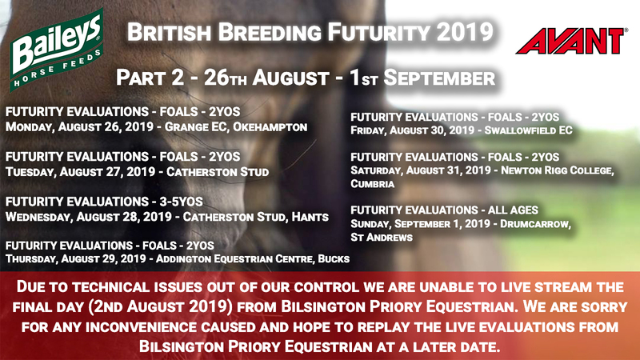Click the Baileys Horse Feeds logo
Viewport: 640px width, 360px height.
57,50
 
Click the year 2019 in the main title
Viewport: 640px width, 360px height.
465,32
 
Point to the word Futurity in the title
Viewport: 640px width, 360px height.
379,32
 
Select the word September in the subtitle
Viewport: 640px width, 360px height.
439,78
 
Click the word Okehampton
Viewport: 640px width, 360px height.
270,127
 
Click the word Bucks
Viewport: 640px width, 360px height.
334,258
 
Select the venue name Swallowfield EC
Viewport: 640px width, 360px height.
528,130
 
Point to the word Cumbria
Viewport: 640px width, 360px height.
372,184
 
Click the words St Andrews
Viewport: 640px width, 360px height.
382,237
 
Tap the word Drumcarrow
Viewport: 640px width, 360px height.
535,224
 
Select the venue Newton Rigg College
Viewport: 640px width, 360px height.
557,170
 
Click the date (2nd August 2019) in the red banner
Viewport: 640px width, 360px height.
160,306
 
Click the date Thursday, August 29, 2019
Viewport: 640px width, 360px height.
76,258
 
